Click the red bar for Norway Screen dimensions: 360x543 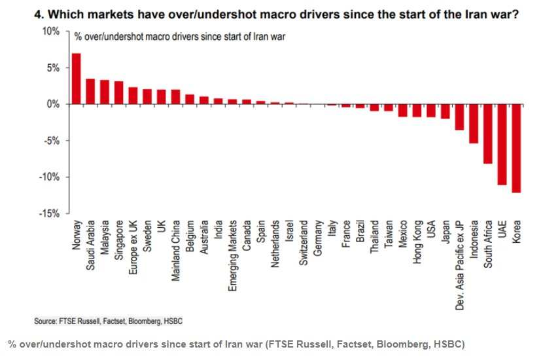coord(76,79)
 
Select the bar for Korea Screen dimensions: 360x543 coord(516,148)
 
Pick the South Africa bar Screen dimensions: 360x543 coord(487,134)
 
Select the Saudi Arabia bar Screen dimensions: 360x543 coord(90,92)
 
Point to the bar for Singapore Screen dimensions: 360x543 coord(118,92)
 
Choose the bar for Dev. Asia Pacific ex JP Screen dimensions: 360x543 coord(459,117)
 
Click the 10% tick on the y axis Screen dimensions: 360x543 coord(51,31)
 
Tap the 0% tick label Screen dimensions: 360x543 coord(53,104)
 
